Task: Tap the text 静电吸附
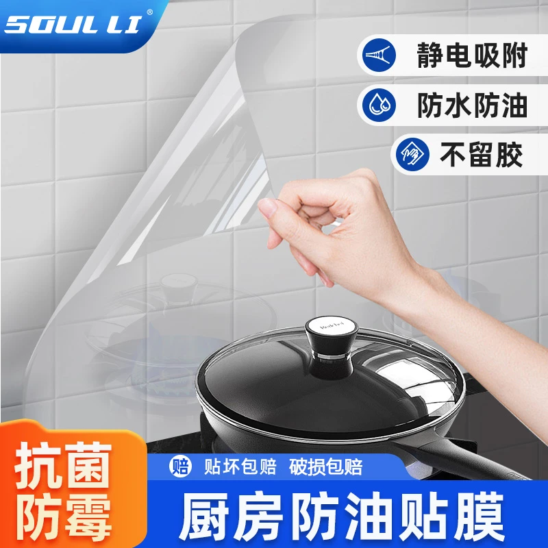pos(472,56)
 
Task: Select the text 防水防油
pos(472,106)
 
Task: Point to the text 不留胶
pos(490,155)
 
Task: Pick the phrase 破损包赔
pos(326,467)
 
